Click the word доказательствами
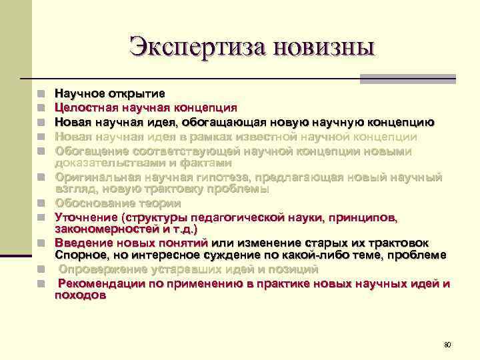pyautogui.click(x=105, y=162)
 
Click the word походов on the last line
pyautogui.click(x=80, y=296)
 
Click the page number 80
pyautogui.click(x=447, y=345)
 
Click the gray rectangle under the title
pyautogui.click(x=407, y=79)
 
